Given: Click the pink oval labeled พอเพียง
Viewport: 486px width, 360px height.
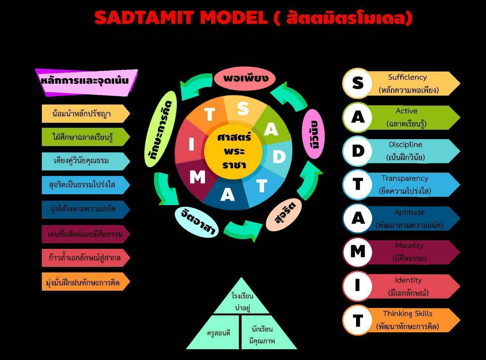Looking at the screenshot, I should click(x=245, y=78).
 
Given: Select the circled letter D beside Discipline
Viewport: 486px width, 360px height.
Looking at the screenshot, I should click(x=358, y=151).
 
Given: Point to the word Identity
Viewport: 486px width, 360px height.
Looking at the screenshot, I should click(x=408, y=280).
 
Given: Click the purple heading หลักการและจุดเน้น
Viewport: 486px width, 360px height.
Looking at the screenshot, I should click(x=86, y=81).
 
